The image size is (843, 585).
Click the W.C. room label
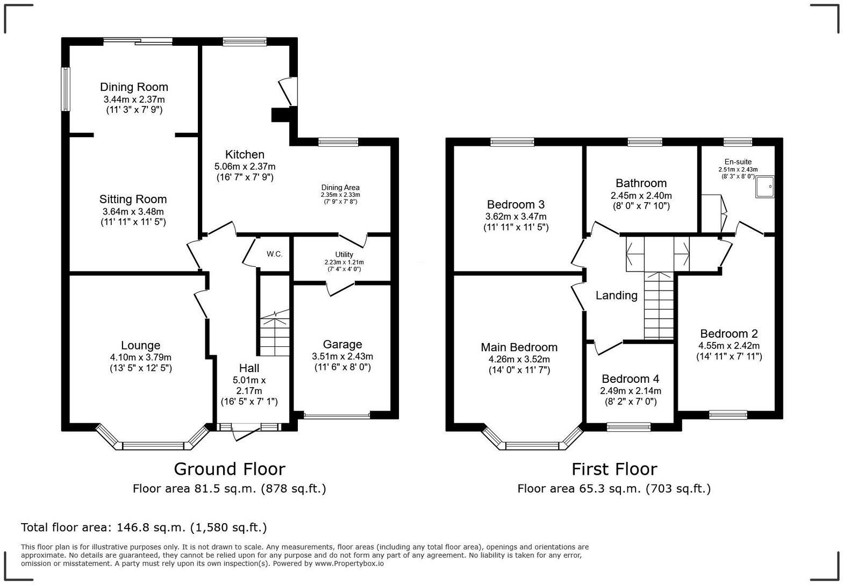tap(274, 254)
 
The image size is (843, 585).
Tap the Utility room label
tap(344, 254)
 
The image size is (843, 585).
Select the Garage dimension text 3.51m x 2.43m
tap(342, 356)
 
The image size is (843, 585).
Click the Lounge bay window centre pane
tap(153, 446)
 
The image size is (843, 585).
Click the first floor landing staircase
tap(659, 305)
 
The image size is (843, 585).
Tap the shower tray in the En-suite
tap(765, 187)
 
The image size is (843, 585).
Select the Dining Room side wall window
tap(66, 89)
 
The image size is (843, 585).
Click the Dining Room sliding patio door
tap(138, 41)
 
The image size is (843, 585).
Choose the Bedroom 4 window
tap(628, 427)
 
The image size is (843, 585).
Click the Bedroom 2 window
tap(728, 415)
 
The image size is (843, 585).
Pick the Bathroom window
tap(645, 142)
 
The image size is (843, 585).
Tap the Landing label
tap(617, 296)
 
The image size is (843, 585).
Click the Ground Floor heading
tap(230, 469)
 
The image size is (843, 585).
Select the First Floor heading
tap(614, 469)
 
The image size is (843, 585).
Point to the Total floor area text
tap(144, 527)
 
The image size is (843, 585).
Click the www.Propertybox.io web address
tap(349, 563)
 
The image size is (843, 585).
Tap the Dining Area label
tap(340, 188)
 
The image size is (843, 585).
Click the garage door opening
tap(337, 416)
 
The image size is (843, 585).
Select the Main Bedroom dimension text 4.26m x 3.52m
tap(519, 359)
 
